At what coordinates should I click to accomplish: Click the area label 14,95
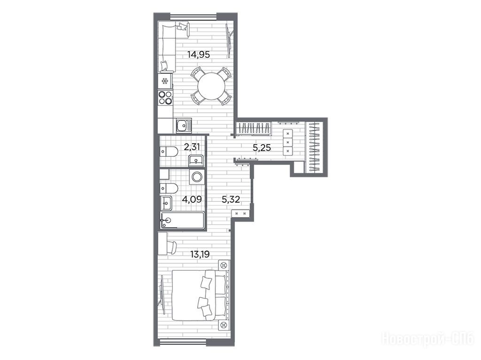[x=199, y=55]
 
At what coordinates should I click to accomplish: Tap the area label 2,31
[x=192, y=147]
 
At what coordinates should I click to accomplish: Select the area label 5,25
[x=262, y=148]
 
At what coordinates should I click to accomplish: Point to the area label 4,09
[x=192, y=199]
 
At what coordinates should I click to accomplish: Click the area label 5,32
[x=231, y=200]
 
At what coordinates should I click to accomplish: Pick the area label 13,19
[x=200, y=254]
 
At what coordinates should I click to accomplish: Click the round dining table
[x=211, y=86]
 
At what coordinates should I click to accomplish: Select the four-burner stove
[x=165, y=98]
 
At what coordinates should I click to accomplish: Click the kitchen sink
[x=184, y=126]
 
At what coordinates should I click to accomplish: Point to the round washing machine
[x=196, y=176]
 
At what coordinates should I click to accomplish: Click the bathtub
[x=182, y=220]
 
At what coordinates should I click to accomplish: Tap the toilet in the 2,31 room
[x=169, y=151]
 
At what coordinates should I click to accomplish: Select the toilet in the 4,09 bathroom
[x=169, y=188]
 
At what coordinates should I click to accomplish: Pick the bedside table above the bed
[x=224, y=265]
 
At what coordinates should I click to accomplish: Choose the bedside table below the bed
[x=224, y=325]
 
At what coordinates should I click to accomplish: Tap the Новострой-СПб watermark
[x=427, y=338]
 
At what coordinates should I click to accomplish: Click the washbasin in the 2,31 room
[x=196, y=160]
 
